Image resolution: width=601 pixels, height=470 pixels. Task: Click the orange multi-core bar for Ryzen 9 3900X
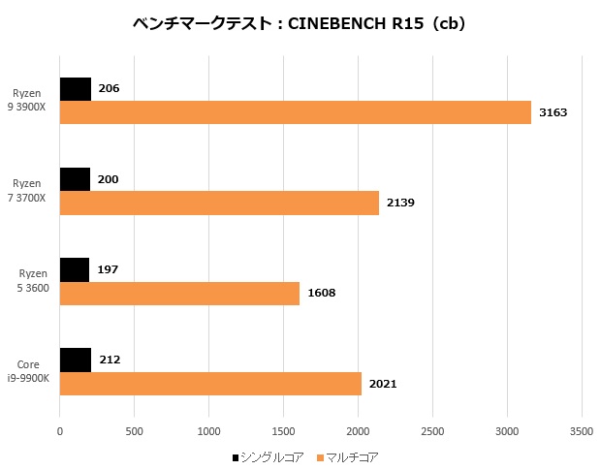(296, 112)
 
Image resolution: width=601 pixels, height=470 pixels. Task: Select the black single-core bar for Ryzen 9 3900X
(76, 89)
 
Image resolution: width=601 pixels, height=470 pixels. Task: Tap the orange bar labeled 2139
(219, 203)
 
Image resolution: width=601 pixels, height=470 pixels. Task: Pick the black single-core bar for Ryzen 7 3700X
(75, 179)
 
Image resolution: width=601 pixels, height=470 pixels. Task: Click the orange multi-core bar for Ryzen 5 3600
(179, 293)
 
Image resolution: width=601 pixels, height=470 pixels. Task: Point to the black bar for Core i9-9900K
(76, 360)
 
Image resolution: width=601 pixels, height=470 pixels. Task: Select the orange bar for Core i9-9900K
(210, 383)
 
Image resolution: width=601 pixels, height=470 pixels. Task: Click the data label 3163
(553, 112)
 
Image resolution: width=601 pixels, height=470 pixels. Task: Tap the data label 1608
(321, 293)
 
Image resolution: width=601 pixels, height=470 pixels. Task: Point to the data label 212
(110, 360)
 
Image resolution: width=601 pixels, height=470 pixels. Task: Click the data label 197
(108, 269)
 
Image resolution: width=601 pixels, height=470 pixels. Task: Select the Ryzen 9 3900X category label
(29, 101)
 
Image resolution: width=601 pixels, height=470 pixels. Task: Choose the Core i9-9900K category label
(28, 371)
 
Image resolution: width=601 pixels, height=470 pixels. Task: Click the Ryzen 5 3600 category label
(28, 281)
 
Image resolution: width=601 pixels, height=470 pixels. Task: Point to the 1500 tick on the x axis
(283, 429)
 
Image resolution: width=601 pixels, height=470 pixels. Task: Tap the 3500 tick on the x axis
(581, 429)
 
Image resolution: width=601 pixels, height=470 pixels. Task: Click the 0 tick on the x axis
(60, 429)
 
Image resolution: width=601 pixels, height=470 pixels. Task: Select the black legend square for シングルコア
(236, 456)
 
